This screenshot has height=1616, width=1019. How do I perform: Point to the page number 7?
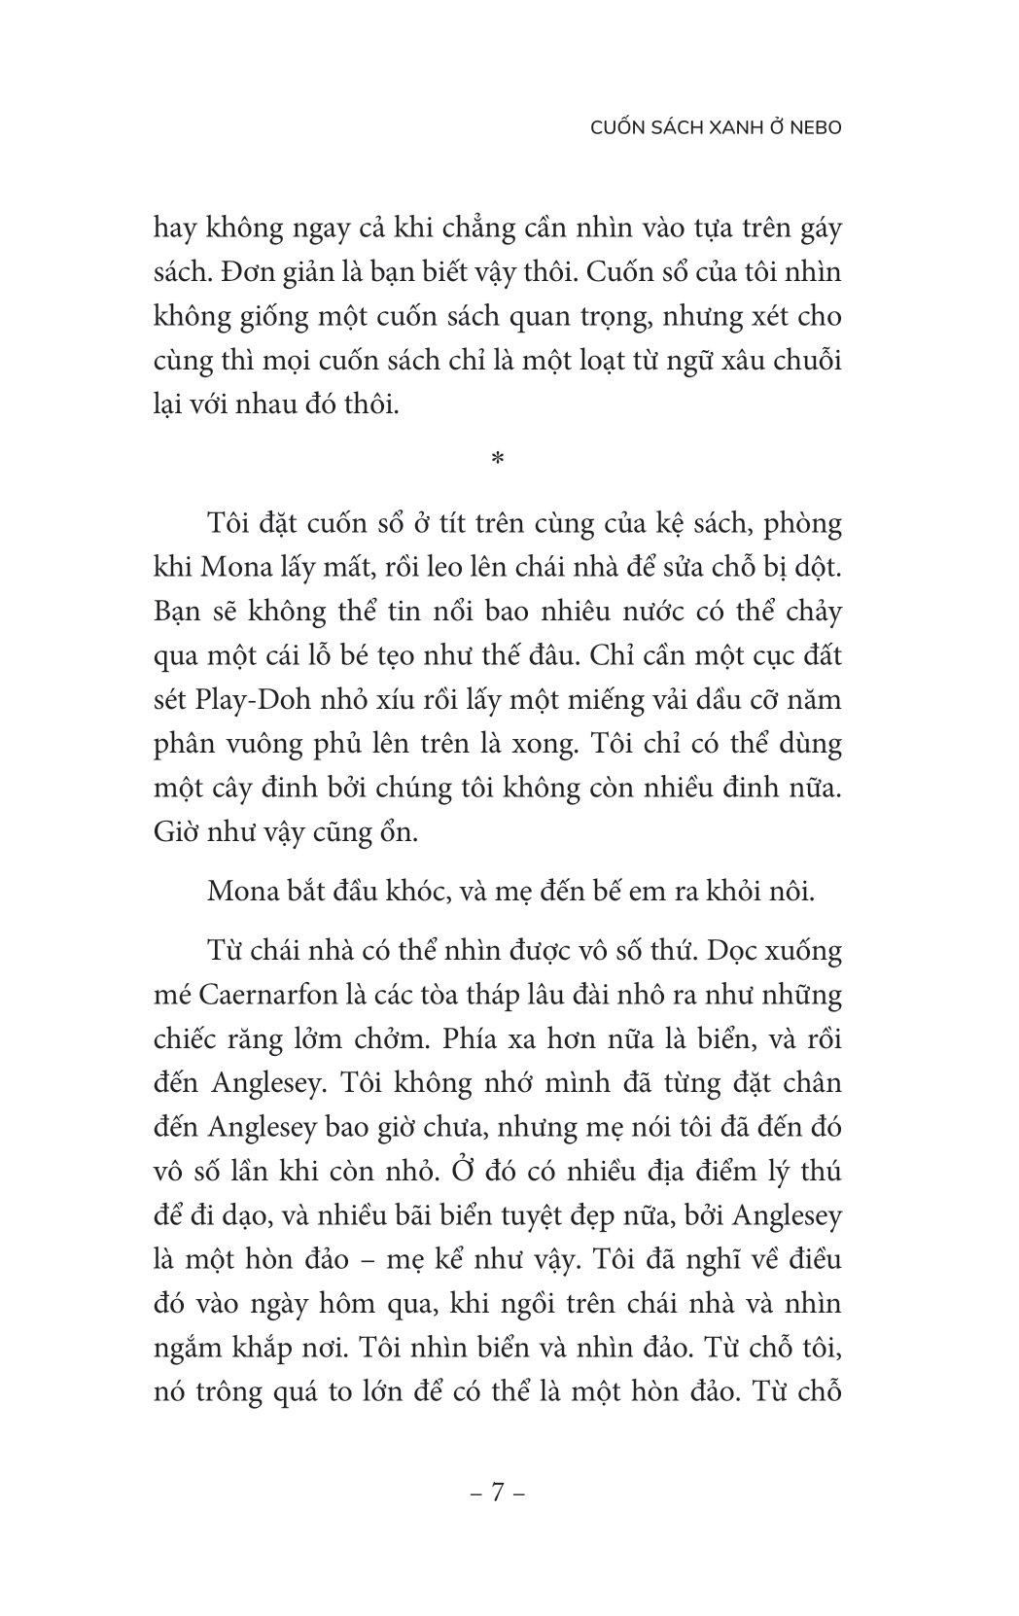tap(497, 1492)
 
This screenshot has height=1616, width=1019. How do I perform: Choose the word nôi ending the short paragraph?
tap(789, 891)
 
